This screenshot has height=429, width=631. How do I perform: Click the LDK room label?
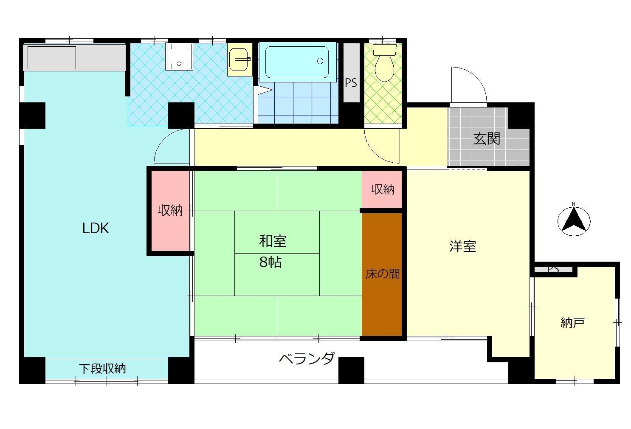(x=96, y=229)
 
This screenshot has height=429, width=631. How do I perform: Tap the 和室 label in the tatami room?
(x=273, y=241)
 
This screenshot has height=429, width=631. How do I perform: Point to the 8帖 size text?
(x=270, y=262)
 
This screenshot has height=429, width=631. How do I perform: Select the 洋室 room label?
(x=462, y=246)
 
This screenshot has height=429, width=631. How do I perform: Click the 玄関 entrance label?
(x=487, y=138)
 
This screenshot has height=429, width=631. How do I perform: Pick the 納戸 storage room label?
(x=573, y=323)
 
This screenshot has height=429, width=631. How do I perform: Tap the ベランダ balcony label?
(x=306, y=359)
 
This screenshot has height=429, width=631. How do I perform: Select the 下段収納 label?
(x=102, y=369)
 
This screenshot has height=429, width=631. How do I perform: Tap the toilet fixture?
(x=384, y=64)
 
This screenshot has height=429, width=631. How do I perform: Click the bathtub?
(x=297, y=62)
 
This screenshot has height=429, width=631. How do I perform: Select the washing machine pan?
(x=179, y=56)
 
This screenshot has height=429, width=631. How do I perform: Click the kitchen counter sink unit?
(x=52, y=57)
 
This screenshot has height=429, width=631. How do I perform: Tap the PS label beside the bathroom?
(x=351, y=83)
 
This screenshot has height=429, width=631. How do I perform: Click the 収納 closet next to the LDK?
(x=170, y=211)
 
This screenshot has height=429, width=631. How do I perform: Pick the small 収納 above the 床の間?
(x=383, y=189)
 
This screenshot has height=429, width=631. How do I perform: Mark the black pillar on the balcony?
(x=351, y=370)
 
